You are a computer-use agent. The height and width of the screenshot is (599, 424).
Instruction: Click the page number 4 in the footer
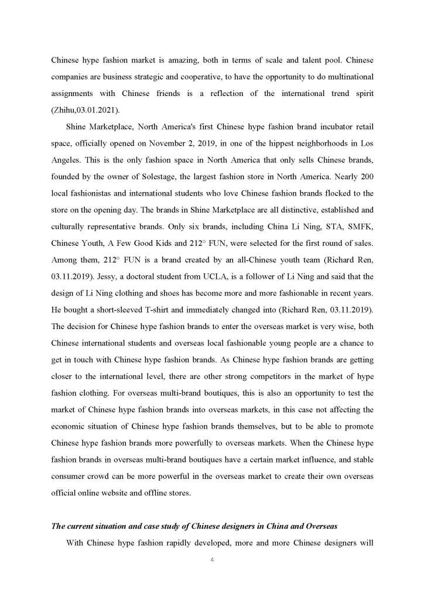tap(212, 560)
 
